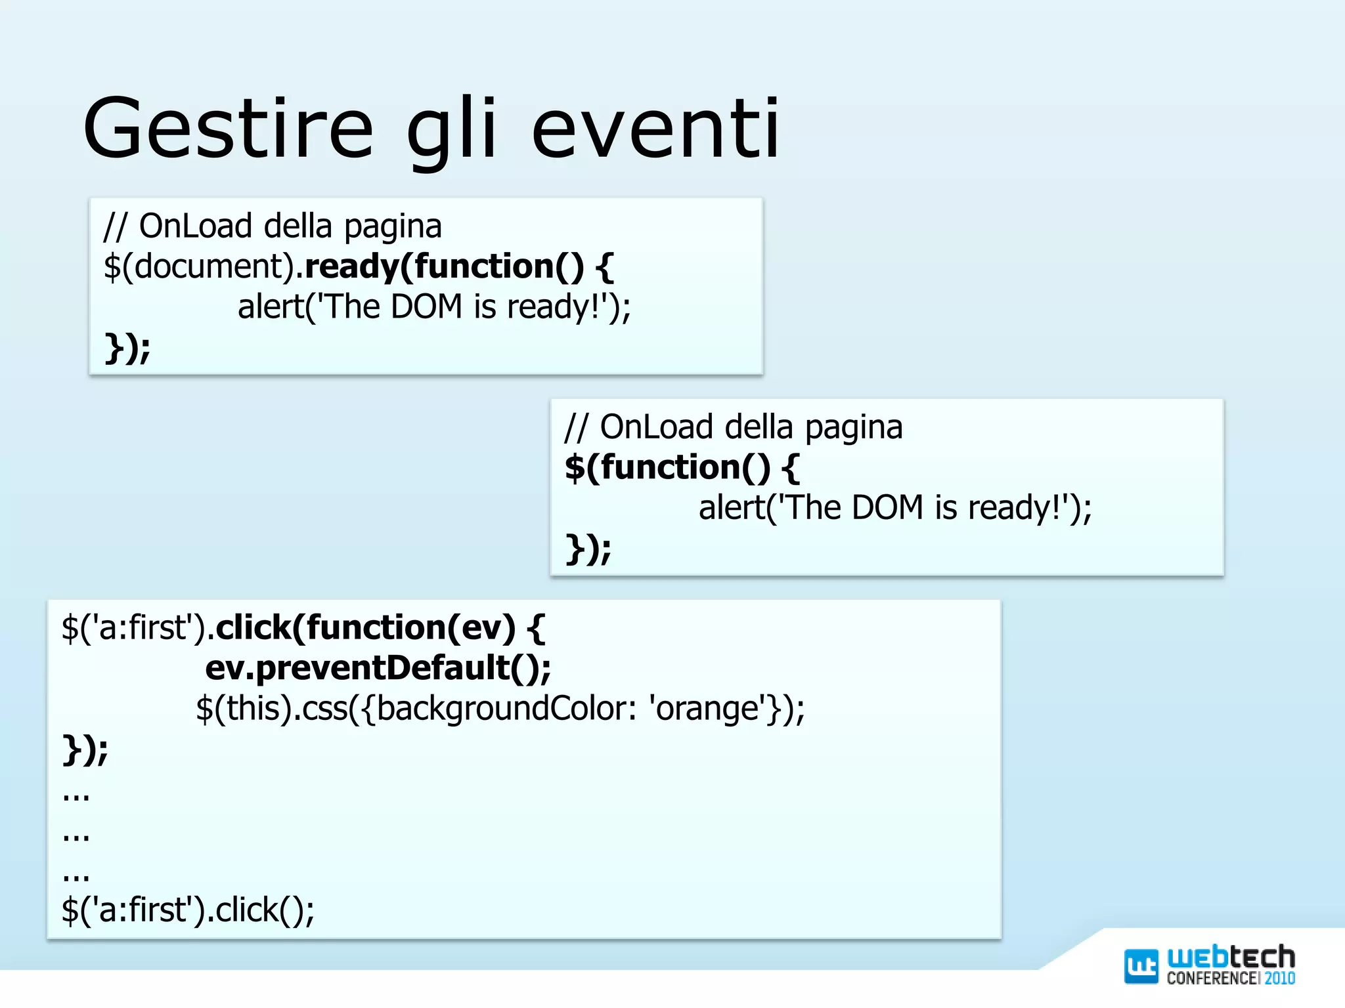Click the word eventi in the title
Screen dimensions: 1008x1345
point(655,129)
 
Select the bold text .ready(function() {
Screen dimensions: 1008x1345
point(458,267)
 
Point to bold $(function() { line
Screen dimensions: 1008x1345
point(682,468)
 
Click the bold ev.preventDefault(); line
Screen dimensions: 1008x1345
point(378,668)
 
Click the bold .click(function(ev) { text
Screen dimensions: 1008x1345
point(380,628)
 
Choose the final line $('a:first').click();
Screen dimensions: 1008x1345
point(188,910)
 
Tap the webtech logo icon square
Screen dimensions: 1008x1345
point(1141,966)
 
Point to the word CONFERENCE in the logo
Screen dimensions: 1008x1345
point(1212,978)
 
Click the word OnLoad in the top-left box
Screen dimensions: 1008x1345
point(196,226)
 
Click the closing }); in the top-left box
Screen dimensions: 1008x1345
point(127,348)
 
